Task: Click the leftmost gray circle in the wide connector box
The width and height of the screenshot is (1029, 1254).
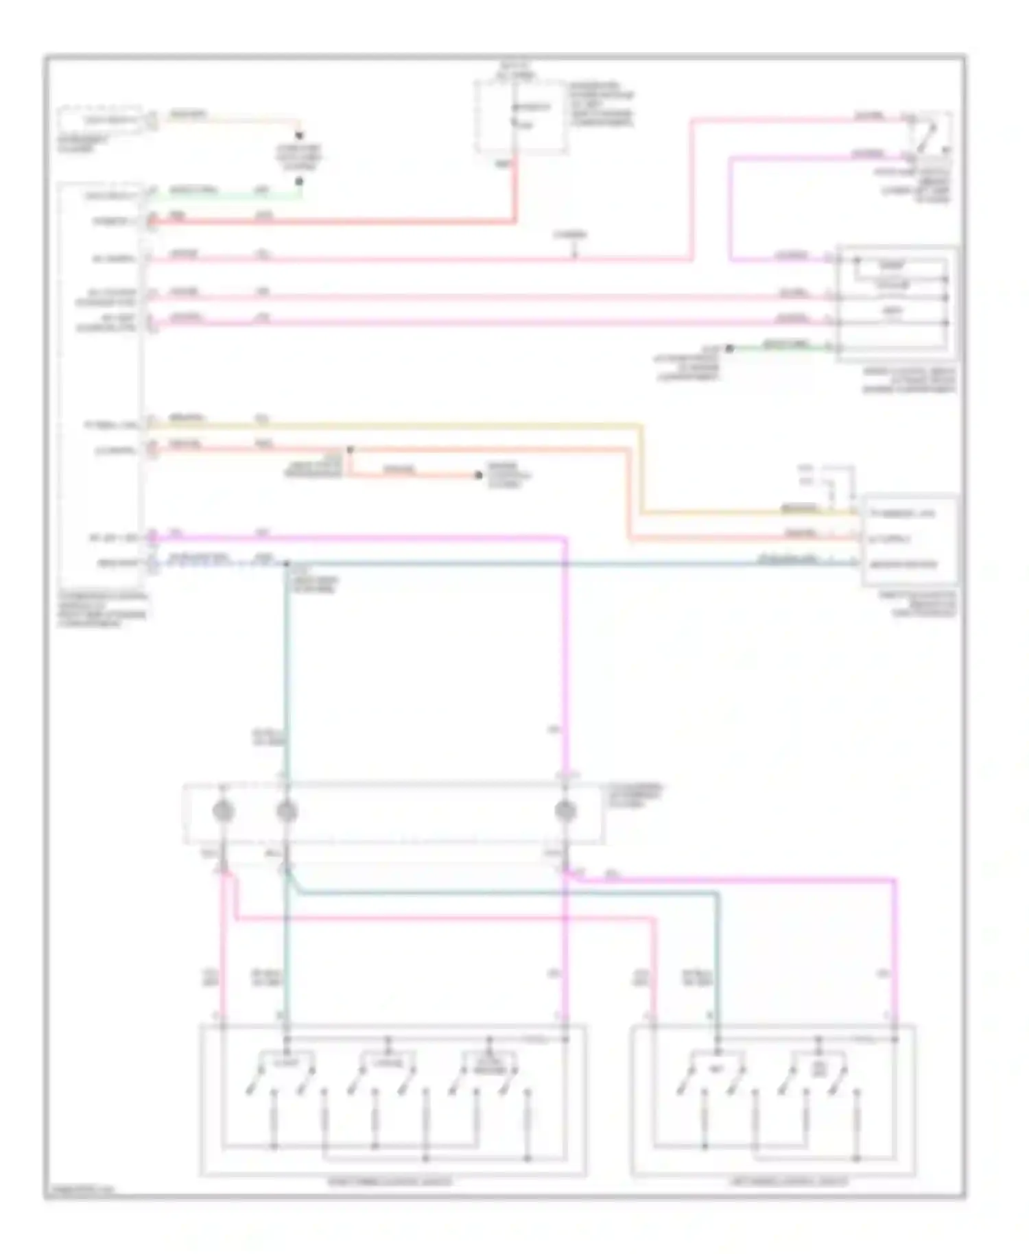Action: [x=223, y=812]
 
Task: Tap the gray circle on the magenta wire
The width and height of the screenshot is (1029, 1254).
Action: [x=565, y=812]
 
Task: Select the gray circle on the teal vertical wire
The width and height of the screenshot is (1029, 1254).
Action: [x=287, y=812]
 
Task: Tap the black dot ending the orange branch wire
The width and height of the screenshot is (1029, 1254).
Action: [x=479, y=475]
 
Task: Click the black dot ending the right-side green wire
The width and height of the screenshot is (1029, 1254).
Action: [x=730, y=348]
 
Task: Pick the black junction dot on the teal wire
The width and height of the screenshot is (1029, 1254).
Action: [x=287, y=564]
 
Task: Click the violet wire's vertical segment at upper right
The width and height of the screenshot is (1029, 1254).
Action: [x=730, y=206]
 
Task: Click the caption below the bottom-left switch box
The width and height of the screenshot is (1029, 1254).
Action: [x=392, y=1181]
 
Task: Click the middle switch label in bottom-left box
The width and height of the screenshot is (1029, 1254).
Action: [x=388, y=1064]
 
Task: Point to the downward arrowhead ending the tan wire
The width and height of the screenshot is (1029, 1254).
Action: [x=299, y=137]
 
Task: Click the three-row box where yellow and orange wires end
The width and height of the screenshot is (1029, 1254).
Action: [x=909, y=539]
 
